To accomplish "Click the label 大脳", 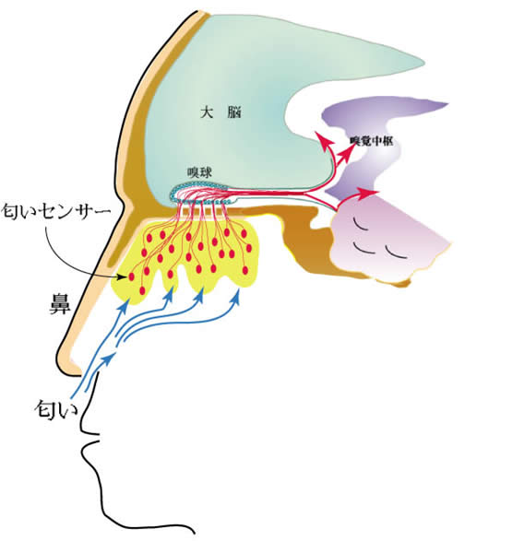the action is pyautogui.click(x=221, y=112).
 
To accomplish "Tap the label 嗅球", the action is pyautogui.click(x=199, y=172).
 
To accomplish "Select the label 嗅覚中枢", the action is pyautogui.click(x=372, y=141).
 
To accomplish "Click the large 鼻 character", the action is pyautogui.click(x=60, y=303).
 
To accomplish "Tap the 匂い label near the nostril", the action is pyautogui.click(x=56, y=409).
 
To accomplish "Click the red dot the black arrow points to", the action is pyautogui.click(x=131, y=276).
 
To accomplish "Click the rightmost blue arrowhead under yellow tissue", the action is pyautogui.click(x=236, y=296).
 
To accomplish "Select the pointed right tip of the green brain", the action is pyautogui.click(x=423, y=63).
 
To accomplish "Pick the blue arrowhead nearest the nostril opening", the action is pyautogui.click(x=108, y=359).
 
